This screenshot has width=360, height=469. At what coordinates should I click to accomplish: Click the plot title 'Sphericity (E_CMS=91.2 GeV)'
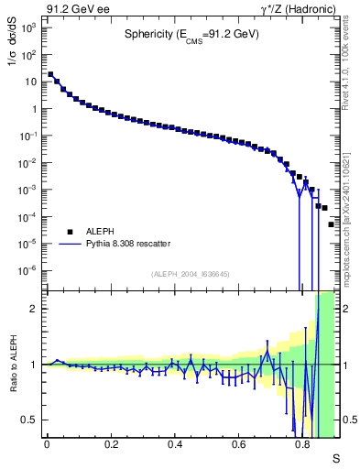pyautogui.click(x=191, y=35)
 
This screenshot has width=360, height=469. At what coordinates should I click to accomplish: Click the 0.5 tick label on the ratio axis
pyautogui.click(x=30, y=420)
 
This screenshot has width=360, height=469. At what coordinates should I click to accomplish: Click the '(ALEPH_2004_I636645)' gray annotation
pyautogui.click(x=191, y=274)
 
